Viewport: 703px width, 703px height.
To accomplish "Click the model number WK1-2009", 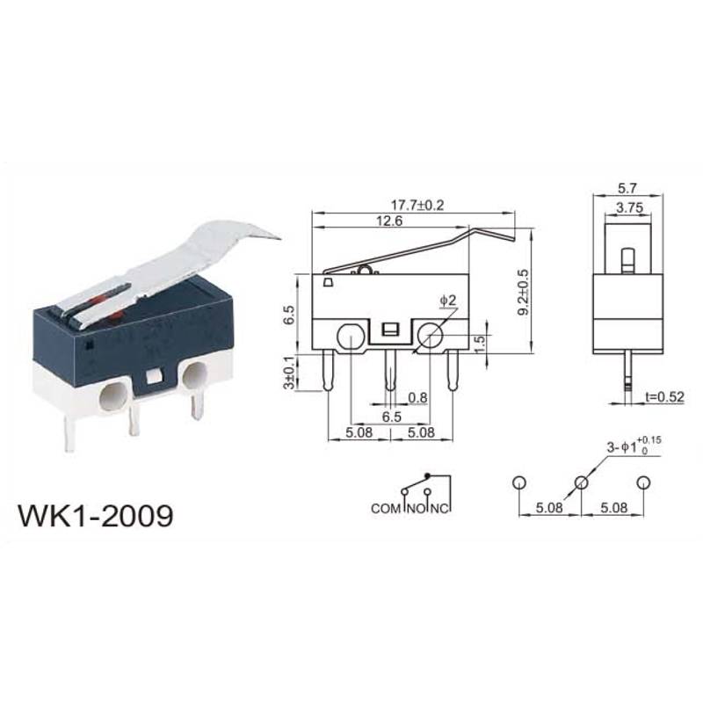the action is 96,516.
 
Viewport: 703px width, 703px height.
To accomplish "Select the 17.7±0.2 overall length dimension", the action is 417,205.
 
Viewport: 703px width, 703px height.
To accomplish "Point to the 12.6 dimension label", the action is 389,221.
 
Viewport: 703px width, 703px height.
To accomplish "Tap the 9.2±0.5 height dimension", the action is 523,292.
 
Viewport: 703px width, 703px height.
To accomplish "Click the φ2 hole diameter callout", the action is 447,300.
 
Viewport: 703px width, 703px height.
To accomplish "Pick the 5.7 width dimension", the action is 627,188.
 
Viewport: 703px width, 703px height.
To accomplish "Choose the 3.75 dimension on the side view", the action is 629,207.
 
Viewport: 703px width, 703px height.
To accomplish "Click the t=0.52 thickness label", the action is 665,396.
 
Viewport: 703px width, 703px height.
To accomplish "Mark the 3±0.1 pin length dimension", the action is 290,372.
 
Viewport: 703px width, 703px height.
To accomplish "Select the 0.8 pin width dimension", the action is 417,397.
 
